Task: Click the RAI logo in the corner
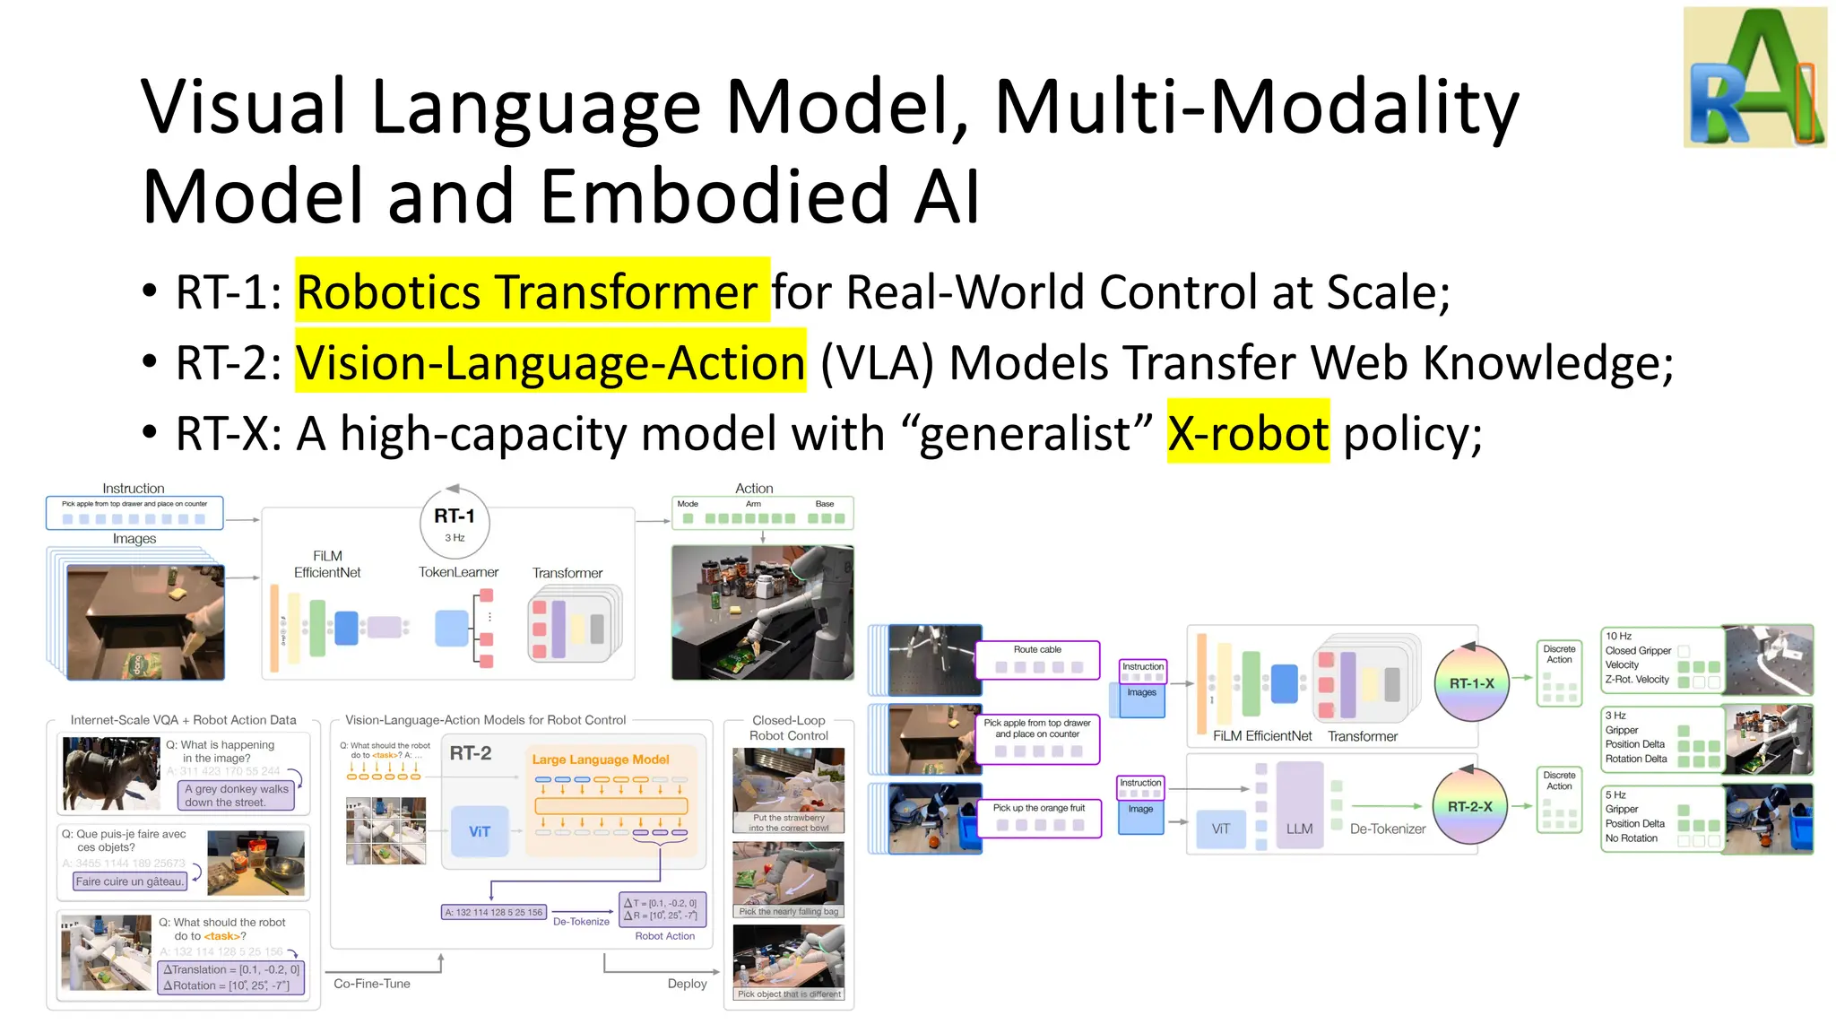(1754, 78)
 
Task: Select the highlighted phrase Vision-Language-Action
(550, 362)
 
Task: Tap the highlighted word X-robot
(1247, 433)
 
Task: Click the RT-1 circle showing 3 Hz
(455, 523)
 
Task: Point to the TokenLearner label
(458, 572)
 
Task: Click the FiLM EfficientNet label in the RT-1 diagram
(327, 564)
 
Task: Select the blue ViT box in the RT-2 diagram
(479, 831)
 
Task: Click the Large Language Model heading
(601, 760)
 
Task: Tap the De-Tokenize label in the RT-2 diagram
(581, 921)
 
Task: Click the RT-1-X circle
(1471, 683)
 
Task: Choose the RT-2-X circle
(1469, 807)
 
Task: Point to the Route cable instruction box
(1037, 659)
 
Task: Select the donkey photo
(111, 774)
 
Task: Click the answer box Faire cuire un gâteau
(130, 881)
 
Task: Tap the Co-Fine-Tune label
(372, 984)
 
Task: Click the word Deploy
(687, 984)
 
